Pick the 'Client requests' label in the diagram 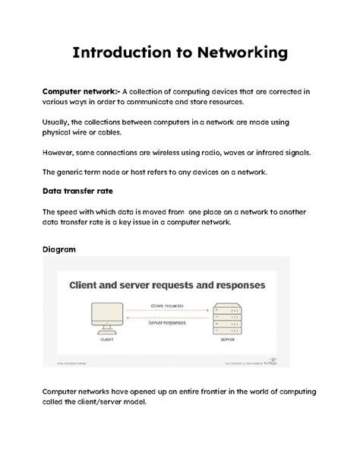(x=168, y=306)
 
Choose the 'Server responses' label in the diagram (x=168, y=323)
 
